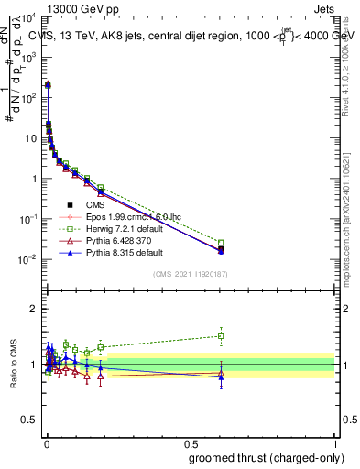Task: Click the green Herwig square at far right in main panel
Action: pyautogui.click(x=221, y=243)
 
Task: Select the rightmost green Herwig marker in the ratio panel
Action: pyautogui.click(x=221, y=335)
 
